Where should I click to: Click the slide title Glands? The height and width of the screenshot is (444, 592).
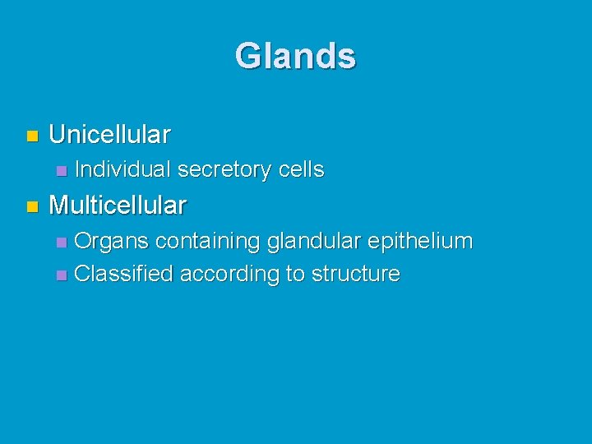pos(295,57)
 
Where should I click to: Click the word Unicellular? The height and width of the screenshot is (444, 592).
pos(109,133)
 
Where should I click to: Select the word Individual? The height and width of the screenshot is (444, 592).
pos(123,170)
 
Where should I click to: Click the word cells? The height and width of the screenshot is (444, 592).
pos(301,170)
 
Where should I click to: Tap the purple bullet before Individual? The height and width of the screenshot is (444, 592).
pos(60,171)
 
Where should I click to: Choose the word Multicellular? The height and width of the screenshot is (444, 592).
pos(118,204)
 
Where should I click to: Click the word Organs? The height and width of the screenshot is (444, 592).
pos(111,242)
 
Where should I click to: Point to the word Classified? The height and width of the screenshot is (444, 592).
pos(123,274)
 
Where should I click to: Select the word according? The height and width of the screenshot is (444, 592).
pos(229,275)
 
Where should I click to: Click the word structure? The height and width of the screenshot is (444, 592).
pos(355,274)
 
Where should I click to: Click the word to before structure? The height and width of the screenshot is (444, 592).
pos(294,275)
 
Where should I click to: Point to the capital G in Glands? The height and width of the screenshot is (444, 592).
pos(246,57)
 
